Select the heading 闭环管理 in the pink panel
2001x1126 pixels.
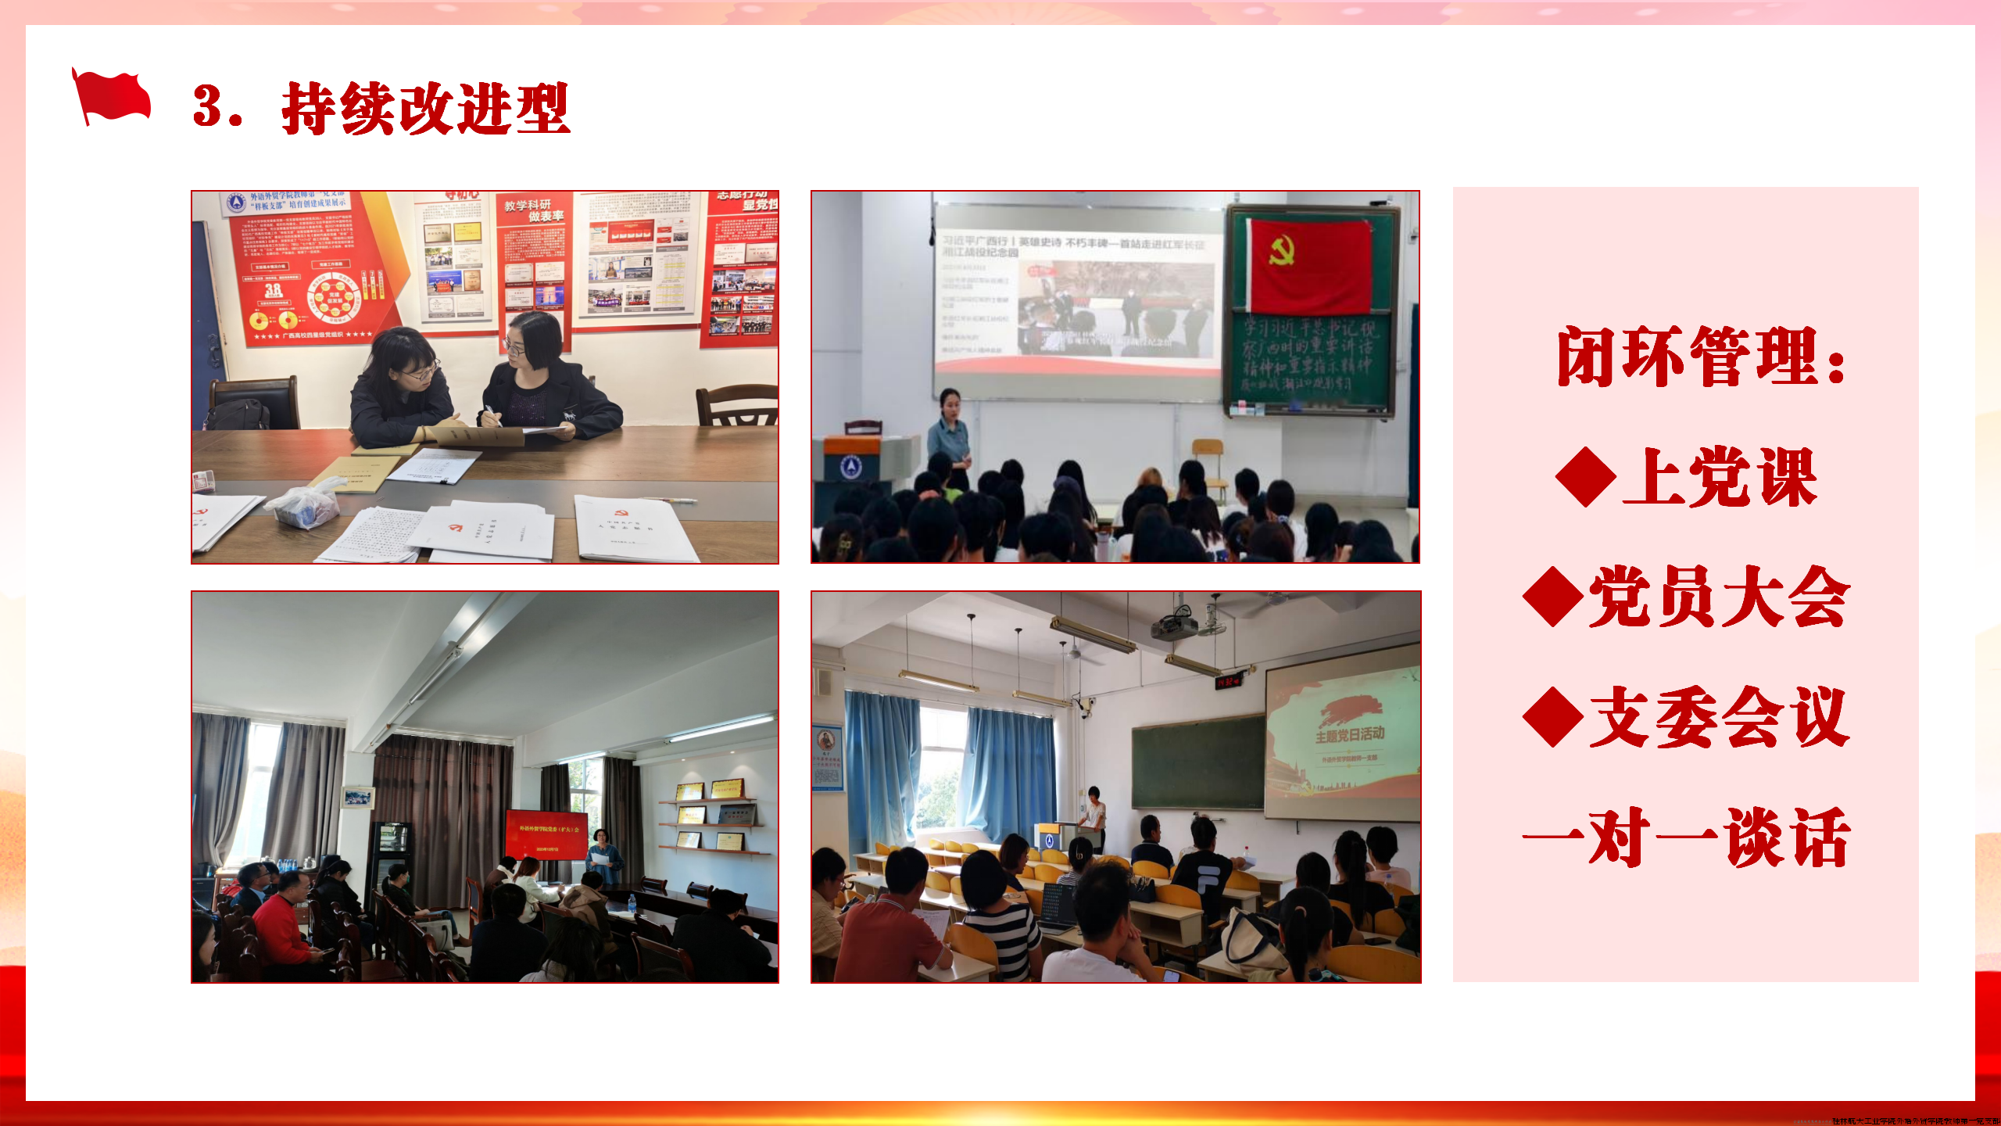[1700, 357]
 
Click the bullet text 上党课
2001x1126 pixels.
[1720, 478]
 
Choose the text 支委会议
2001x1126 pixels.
[1720, 717]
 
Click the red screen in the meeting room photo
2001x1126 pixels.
[546, 834]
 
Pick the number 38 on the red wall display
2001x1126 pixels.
[273, 290]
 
